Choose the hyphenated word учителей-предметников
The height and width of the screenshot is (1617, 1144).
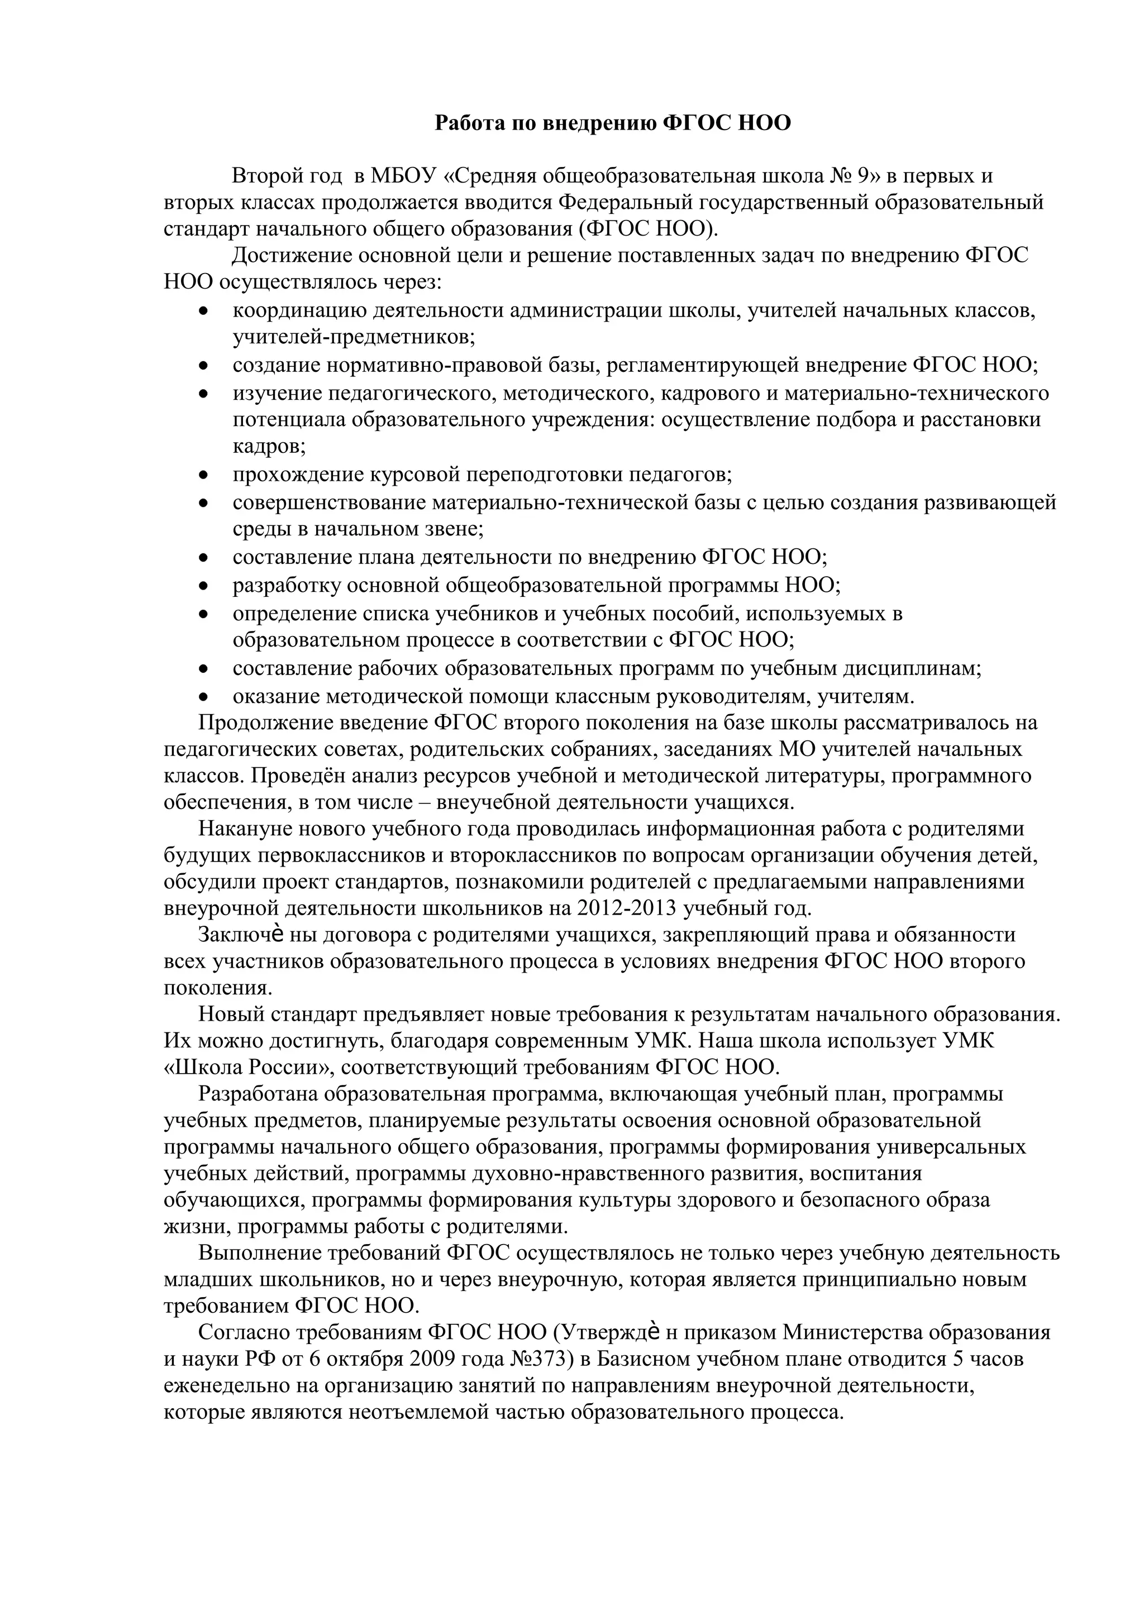354,337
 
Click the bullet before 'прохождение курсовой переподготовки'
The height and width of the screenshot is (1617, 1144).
203,476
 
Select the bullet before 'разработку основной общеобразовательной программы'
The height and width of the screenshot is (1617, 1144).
203,586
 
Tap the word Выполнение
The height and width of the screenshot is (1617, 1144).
254,1254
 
